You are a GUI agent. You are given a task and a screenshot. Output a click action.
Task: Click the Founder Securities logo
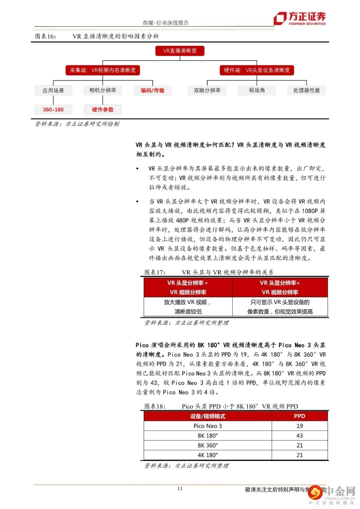[x=299, y=19]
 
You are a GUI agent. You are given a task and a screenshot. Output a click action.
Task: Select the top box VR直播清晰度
[x=180, y=51]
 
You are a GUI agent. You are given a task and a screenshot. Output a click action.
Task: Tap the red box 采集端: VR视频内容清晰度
[x=103, y=70]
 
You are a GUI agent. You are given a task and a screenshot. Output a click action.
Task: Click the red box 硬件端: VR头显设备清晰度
[x=257, y=70]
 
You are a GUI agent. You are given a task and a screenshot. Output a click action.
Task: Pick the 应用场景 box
[x=53, y=90]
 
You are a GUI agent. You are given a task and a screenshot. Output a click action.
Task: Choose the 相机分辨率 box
[x=103, y=90]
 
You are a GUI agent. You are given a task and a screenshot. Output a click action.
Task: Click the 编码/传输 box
[x=152, y=90]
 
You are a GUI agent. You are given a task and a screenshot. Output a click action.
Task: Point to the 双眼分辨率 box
[x=207, y=90]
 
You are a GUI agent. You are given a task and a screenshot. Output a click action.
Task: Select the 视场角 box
[x=257, y=90]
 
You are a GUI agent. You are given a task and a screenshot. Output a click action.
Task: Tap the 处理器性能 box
[x=306, y=90]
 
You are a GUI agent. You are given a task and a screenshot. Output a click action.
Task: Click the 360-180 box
[x=53, y=110]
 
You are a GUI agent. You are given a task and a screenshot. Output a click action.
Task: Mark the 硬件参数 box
[x=103, y=110]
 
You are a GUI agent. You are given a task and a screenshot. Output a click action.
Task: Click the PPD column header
[x=299, y=416]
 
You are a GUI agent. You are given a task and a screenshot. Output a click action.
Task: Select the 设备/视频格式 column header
[x=208, y=416]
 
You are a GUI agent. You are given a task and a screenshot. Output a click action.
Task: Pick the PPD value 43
[x=299, y=436]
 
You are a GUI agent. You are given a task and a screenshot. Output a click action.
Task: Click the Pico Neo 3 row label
[x=208, y=426]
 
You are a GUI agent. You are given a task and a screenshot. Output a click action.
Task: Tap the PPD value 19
[x=299, y=426]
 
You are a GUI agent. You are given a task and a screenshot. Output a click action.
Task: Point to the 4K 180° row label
[x=208, y=455]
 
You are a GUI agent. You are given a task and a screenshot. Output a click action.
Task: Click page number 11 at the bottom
[x=180, y=489]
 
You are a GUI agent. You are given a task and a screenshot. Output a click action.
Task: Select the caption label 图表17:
[x=155, y=272]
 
